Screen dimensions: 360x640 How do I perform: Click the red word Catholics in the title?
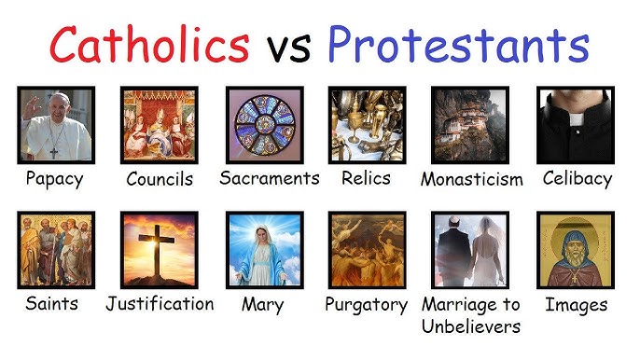click(x=148, y=44)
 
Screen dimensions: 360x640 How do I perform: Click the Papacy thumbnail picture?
click(x=55, y=125)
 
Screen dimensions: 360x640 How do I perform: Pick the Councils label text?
click(x=160, y=179)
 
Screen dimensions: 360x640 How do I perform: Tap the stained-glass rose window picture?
click(x=264, y=125)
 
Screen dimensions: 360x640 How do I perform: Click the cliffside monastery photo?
click(x=470, y=125)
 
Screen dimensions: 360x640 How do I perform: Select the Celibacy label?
click(x=577, y=178)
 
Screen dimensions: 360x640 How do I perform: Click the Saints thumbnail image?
click(x=55, y=250)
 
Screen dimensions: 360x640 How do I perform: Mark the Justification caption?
click(x=160, y=304)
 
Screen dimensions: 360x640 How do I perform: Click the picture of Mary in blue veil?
click(x=264, y=250)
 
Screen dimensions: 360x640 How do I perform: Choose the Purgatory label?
click(x=367, y=305)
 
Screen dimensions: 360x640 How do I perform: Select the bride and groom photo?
click(x=470, y=250)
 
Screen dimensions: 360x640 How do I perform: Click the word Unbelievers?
click(x=471, y=325)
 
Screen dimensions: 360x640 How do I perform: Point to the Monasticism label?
click(x=471, y=179)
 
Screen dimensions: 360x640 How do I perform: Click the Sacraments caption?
click(x=270, y=178)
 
